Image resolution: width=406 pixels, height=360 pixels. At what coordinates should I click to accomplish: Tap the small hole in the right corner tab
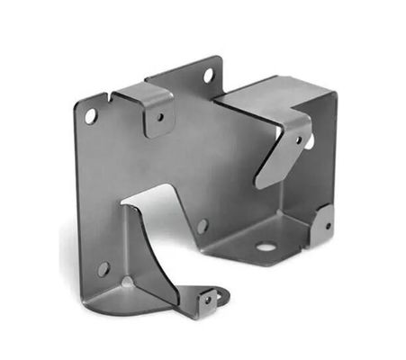coord(325,221)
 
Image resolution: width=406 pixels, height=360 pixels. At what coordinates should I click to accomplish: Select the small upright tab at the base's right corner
coord(324,225)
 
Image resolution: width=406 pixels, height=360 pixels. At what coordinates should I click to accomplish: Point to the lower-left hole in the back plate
coord(103,268)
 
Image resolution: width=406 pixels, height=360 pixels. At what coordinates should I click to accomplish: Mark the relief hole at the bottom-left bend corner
coord(128,282)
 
